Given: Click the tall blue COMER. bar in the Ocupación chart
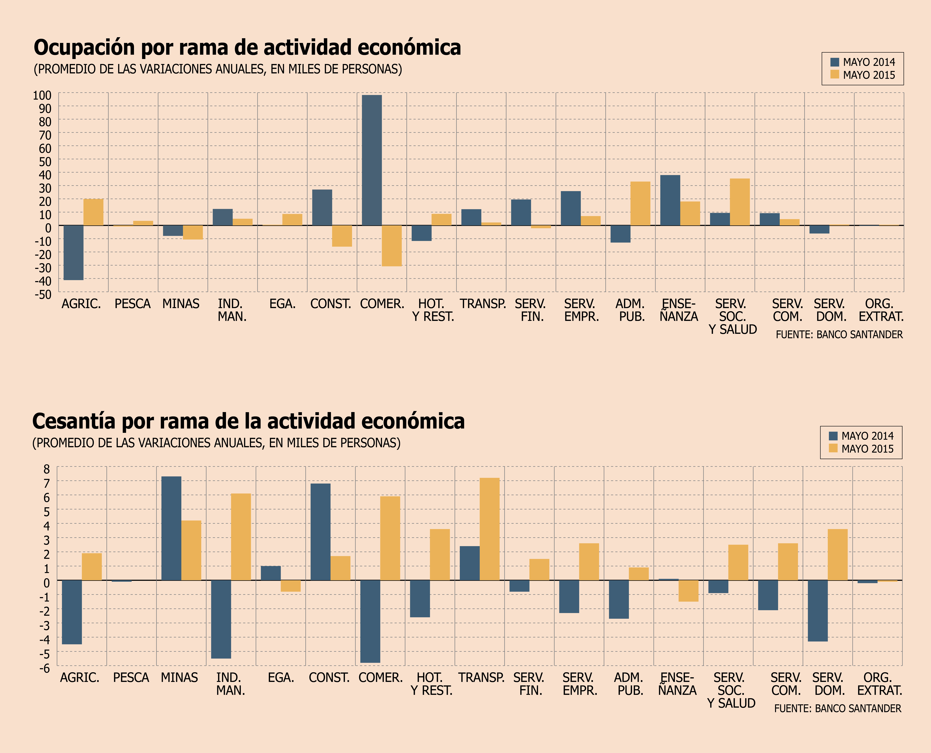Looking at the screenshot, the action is click(x=372, y=160).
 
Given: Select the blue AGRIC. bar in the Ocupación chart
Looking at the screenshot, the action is click(x=73, y=252).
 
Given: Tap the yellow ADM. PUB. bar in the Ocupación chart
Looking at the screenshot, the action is click(x=640, y=203).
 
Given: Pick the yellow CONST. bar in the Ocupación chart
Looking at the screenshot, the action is click(x=342, y=236).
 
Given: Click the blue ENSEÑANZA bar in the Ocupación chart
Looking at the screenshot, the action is click(x=670, y=200).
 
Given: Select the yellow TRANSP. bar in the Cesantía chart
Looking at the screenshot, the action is click(x=489, y=529).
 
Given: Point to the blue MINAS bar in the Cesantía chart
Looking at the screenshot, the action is click(x=171, y=528).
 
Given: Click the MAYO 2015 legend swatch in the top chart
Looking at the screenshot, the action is click(x=835, y=75).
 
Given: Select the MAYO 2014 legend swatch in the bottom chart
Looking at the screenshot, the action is click(x=833, y=436).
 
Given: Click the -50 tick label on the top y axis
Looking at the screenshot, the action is click(x=43, y=294).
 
